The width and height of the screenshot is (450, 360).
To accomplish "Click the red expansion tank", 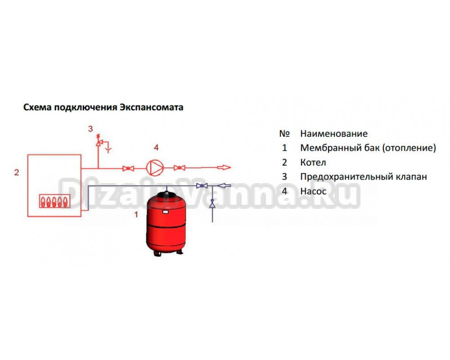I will point(166,223).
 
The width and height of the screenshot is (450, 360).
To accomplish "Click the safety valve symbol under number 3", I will point(99,143).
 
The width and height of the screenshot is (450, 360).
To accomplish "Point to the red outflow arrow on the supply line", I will point(224,168).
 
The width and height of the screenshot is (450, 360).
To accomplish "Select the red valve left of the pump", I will point(128,168).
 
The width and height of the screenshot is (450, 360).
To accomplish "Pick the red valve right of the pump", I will point(180,168).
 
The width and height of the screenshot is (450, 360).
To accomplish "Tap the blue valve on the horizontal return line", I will point(202,186).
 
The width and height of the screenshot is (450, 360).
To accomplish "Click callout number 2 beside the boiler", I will point(17,172).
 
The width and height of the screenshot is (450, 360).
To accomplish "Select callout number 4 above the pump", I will point(156,147).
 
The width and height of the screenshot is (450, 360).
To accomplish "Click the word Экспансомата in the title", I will point(152,108).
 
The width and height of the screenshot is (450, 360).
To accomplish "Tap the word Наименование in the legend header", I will point(334,134).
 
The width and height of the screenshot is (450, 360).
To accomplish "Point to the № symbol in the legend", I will point(284,134).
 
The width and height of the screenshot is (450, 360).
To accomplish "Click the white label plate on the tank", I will point(165,208).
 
